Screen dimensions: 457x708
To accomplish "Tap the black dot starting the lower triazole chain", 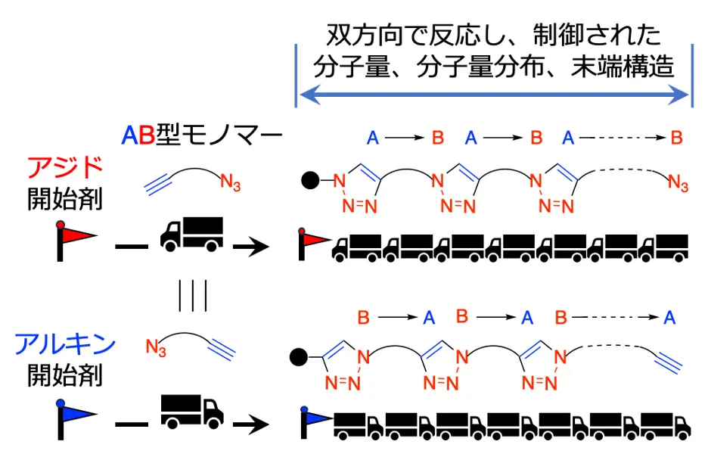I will click(x=300, y=355).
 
